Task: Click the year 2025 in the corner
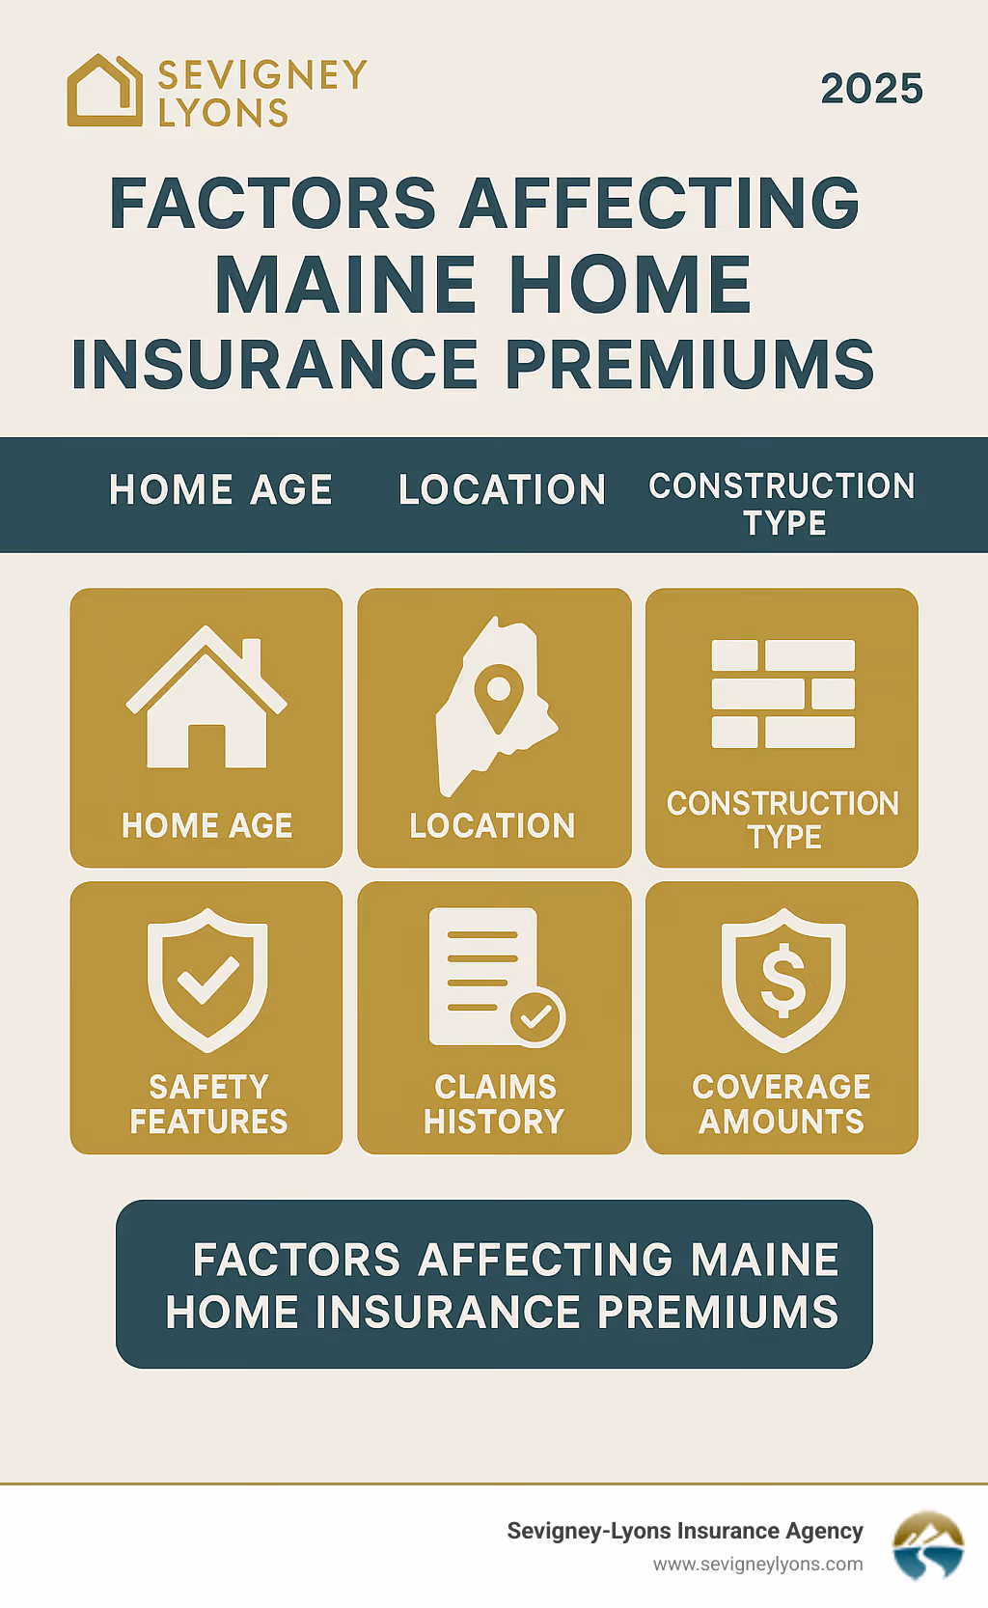pyautogui.click(x=871, y=89)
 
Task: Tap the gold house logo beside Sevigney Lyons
pyautogui.click(x=104, y=91)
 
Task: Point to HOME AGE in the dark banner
pyautogui.click(x=221, y=490)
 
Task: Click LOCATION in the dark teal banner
pyautogui.click(x=502, y=490)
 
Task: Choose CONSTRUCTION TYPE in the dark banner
pyautogui.click(x=782, y=504)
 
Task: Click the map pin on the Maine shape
pyautogui.click(x=499, y=693)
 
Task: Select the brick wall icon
pyautogui.click(x=782, y=694)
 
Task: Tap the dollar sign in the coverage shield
pyautogui.click(x=783, y=980)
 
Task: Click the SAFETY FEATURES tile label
pyautogui.click(x=208, y=1104)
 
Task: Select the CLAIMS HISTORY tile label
pyautogui.click(x=494, y=1104)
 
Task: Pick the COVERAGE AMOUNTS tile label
pyautogui.click(x=782, y=1104)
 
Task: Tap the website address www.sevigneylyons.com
pyautogui.click(x=757, y=1565)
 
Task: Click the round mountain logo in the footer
pyautogui.click(x=927, y=1544)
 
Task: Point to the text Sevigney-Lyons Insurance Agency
pyautogui.click(x=685, y=1531)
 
